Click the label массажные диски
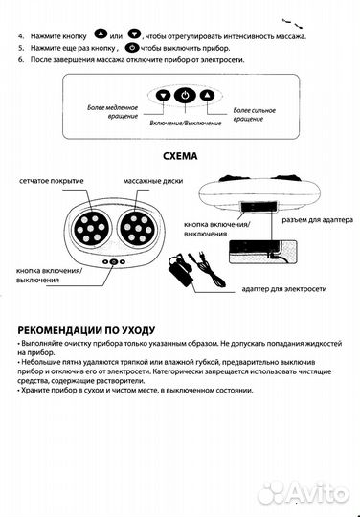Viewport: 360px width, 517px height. [148, 182]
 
